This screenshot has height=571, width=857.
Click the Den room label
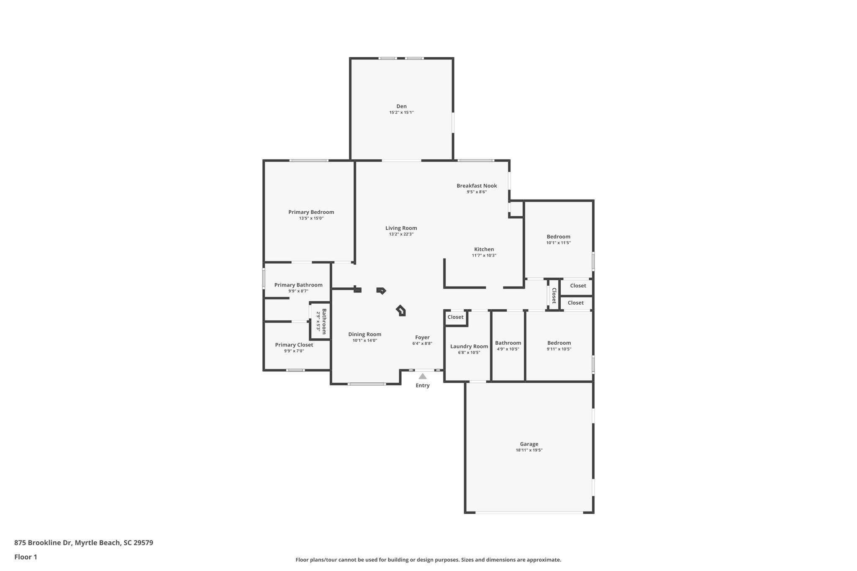click(401, 106)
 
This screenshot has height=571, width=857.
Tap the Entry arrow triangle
click(423, 376)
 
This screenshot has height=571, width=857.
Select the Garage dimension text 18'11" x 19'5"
click(529, 450)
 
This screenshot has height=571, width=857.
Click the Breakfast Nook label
click(477, 186)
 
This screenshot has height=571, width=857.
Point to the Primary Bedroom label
click(311, 212)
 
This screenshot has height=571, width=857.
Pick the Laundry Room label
click(469, 346)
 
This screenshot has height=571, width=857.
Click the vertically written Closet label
click(554, 295)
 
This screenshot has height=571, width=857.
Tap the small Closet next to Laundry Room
click(455, 317)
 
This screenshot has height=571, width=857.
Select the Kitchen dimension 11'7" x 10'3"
click(484, 255)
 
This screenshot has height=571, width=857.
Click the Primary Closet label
click(294, 345)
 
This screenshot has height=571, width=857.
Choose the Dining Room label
click(364, 334)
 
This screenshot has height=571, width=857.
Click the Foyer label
click(422, 337)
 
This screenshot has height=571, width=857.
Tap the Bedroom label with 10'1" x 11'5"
click(558, 237)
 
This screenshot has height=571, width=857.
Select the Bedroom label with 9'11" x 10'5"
click(559, 343)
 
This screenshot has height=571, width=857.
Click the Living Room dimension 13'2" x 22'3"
click(401, 234)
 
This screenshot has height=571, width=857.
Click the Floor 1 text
click(26, 557)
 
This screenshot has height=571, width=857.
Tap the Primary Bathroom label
click(298, 285)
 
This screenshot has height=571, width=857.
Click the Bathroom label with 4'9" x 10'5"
click(508, 343)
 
